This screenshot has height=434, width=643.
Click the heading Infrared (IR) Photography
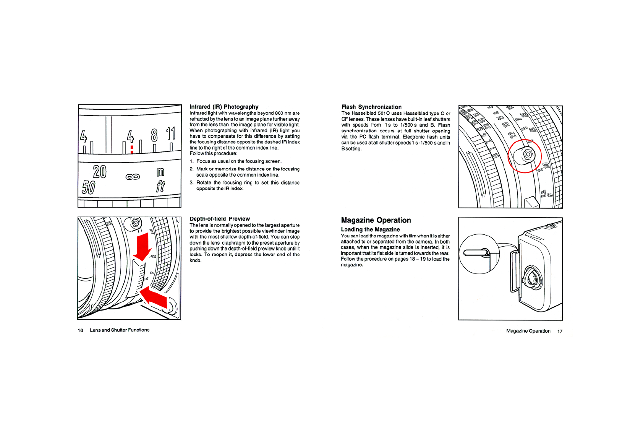click(x=224, y=107)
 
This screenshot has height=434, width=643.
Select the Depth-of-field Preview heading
click(x=220, y=219)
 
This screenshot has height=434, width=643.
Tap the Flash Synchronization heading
click(x=371, y=107)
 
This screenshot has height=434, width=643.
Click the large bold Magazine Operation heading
click(x=376, y=220)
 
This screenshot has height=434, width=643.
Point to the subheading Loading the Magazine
click(x=370, y=229)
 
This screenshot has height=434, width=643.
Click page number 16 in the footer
click(x=80, y=330)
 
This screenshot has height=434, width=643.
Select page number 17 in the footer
click(x=560, y=332)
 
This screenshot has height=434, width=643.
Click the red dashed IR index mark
click(x=132, y=149)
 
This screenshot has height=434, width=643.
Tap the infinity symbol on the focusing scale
click(x=133, y=177)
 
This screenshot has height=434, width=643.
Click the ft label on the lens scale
click(x=160, y=187)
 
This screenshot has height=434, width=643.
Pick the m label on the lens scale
click(x=160, y=172)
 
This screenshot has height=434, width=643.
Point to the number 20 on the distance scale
click(x=100, y=172)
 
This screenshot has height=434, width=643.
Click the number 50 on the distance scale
click(x=88, y=187)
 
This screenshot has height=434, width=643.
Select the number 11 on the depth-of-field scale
click(x=171, y=134)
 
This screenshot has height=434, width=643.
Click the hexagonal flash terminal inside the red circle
click(x=528, y=154)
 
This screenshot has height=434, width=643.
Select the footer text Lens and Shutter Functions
click(x=120, y=330)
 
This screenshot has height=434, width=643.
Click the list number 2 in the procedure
click(x=191, y=169)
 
